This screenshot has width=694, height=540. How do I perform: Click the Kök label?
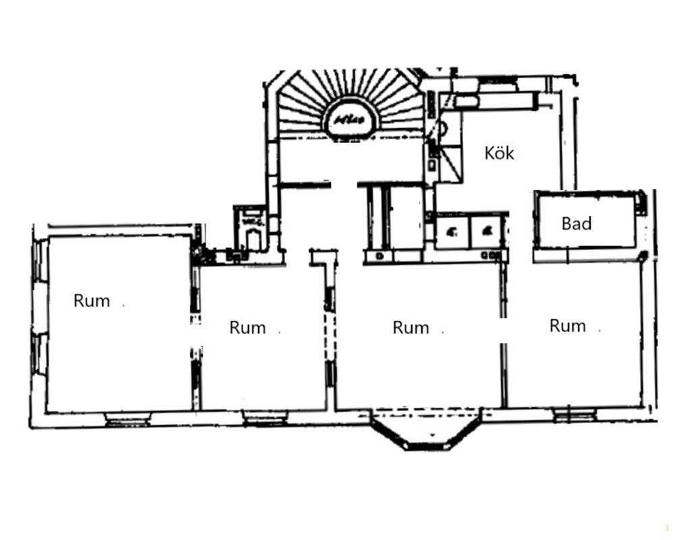point(500,153)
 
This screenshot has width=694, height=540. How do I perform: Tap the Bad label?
point(577,223)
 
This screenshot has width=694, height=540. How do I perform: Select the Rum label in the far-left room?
point(91,301)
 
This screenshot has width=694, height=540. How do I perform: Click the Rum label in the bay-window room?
point(410,328)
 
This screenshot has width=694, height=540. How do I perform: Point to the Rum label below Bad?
point(567,326)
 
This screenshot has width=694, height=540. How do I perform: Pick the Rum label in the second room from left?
point(247,328)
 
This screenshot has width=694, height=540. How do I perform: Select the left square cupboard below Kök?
point(452,233)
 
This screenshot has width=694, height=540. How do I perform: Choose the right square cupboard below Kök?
point(487,233)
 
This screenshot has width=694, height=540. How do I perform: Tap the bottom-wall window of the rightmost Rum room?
point(575,415)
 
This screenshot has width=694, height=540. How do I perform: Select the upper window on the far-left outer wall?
point(39,259)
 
